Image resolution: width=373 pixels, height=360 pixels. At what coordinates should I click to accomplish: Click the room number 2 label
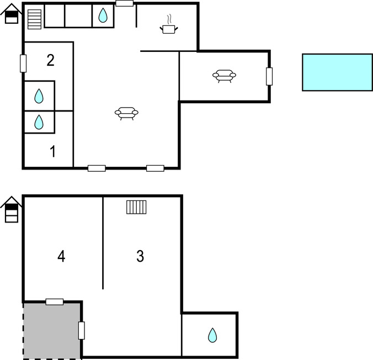point(50,60)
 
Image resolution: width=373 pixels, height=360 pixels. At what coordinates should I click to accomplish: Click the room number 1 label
point(53,151)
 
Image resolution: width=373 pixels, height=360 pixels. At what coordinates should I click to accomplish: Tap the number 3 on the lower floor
point(140,256)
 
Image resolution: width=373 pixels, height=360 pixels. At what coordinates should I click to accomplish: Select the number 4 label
point(61,256)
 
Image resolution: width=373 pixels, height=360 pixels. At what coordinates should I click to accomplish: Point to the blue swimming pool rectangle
point(337,72)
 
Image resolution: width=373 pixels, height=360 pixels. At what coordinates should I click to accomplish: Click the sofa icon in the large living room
point(126,113)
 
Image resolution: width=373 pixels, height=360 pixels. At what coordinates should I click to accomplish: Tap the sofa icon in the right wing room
point(224,76)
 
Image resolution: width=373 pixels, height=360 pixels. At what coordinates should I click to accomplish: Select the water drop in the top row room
point(103,15)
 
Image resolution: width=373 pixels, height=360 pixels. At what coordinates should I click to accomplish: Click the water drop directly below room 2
point(39,96)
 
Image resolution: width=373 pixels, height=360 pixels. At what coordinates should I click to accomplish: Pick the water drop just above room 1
point(39,122)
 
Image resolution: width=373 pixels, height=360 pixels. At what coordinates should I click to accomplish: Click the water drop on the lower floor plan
point(212,335)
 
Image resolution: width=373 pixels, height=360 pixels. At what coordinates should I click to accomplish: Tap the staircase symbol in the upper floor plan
point(35,19)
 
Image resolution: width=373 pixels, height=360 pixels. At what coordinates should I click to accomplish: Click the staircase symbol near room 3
point(136,207)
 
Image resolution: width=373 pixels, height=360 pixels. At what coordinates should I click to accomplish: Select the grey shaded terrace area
point(52,331)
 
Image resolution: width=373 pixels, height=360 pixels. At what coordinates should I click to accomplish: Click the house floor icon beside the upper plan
point(11,14)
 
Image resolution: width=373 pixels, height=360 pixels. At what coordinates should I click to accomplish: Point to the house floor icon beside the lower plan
point(11,209)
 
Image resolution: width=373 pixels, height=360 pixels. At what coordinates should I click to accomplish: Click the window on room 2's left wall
point(23,63)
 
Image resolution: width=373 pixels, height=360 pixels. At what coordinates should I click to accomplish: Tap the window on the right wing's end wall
point(269,76)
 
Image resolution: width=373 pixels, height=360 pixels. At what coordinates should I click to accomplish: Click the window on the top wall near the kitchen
point(124,3)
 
